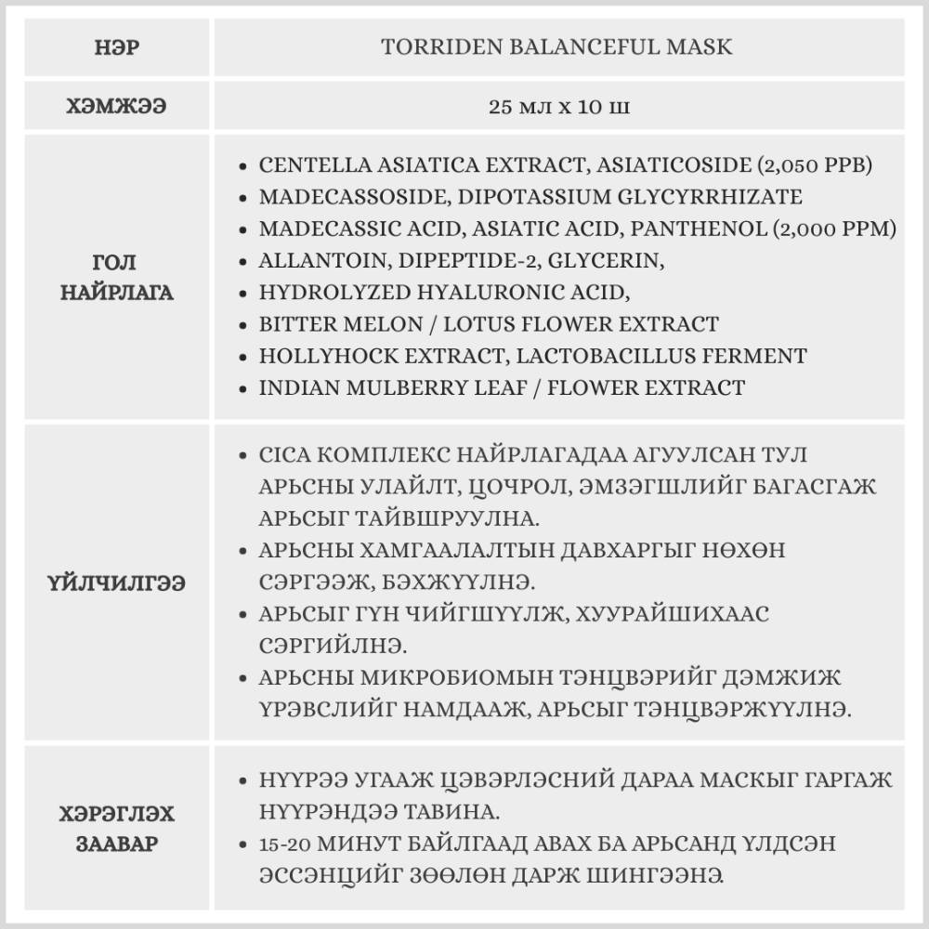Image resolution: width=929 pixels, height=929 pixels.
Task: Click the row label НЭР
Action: [117, 46]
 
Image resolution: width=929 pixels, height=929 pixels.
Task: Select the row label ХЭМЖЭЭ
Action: [117, 107]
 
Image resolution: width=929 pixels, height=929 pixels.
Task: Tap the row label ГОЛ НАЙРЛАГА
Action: [117, 278]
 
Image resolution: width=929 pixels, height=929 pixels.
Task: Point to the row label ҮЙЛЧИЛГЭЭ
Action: [117, 583]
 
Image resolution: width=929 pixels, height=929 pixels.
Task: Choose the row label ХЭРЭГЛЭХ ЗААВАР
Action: [117, 830]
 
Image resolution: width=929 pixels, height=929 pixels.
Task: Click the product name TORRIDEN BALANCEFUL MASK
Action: [556, 46]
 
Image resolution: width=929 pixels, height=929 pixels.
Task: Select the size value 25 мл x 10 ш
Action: [558, 107]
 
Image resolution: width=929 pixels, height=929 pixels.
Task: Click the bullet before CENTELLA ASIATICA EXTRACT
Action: [243, 166]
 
